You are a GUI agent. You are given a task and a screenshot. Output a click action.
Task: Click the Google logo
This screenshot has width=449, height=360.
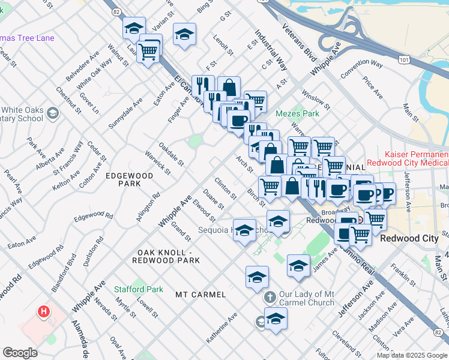pyautogui.click(x=20, y=353)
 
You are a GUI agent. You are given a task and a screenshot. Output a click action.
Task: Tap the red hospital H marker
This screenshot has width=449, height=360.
pyautogui.click(x=43, y=311)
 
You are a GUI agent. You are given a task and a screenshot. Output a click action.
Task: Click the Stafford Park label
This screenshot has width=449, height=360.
pyautogui.click(x=139, y=289)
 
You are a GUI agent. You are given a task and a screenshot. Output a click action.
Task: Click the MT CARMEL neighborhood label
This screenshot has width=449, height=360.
pyautogui.click(x=200, y=295)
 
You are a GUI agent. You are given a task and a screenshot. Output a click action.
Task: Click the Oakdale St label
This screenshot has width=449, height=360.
pyautogui.click(x=171, y=154)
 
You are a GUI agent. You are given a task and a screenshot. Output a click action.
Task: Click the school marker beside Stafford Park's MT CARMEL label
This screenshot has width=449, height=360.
pyautogui.click(x=257, y=278)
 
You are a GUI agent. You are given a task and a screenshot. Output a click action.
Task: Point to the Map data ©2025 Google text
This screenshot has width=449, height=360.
pyautogui.click(x=412, y=355)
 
